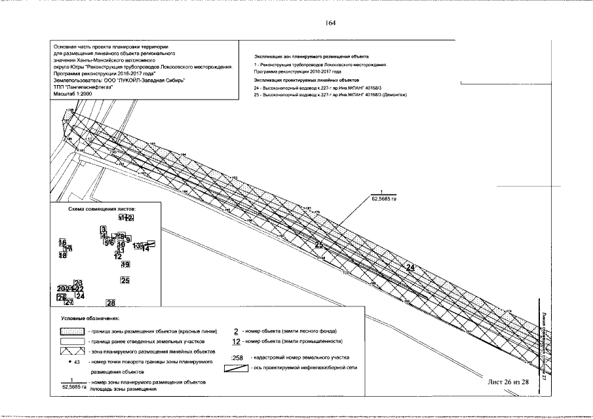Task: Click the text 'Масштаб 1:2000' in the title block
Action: point(74,94)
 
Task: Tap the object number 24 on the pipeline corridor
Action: point(411,267)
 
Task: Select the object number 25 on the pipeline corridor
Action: point(318,244)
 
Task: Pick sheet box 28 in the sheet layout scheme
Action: point(111,302)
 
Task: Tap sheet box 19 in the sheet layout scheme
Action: point(125,264)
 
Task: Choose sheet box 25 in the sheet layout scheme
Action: point(125,280)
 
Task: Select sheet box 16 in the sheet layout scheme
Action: point(62,242)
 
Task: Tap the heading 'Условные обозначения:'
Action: point(83,319)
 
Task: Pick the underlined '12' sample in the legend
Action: point(237,341)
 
